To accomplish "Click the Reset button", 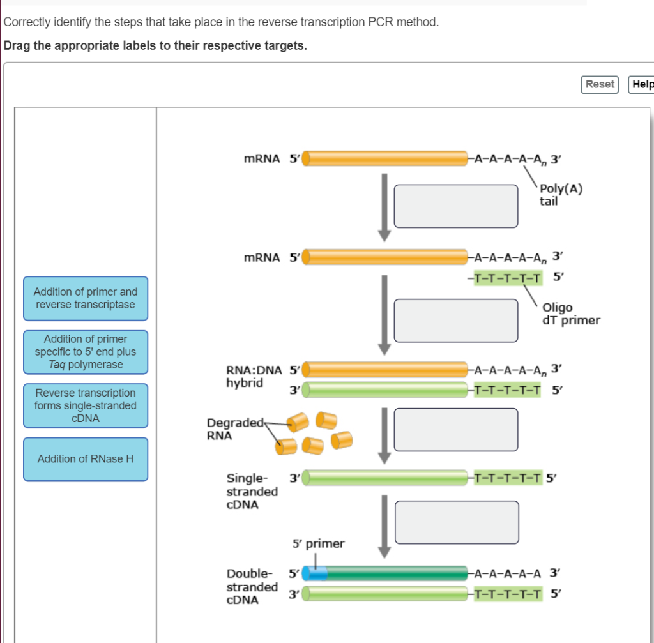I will click(599, 84).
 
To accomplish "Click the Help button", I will click(641, 84).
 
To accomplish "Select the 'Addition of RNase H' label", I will click(86, 459).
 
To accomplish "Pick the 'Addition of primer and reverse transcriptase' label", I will click(86, 298).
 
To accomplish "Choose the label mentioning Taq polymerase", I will click(86, 352).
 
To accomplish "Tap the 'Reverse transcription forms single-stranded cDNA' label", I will click(86, 405).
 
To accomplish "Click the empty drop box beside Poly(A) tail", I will click(456, 206).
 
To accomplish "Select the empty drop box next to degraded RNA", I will click(456, 430).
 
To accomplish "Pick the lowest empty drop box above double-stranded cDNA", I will click(456, 522).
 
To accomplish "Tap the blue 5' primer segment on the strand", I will click(315, 573).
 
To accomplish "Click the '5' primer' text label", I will click(318, 544).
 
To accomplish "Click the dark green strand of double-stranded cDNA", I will click(396, 573).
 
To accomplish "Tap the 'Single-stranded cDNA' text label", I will click(252, 491).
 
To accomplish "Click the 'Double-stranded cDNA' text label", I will click(252, 586).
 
